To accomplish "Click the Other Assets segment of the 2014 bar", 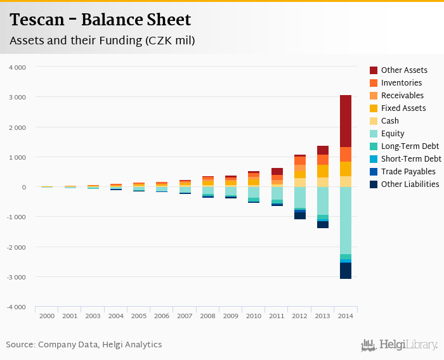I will coord(345,121).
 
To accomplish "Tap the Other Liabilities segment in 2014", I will coord(345,271).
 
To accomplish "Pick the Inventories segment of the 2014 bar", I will coord(345,154).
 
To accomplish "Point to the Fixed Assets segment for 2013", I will coord(323,170).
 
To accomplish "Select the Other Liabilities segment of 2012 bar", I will coord(300,215).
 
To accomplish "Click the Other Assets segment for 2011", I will coord(277,171).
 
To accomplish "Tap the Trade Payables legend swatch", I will coord(374,171).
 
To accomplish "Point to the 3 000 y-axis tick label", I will coord(17,97).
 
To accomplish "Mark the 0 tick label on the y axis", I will coord(23,187).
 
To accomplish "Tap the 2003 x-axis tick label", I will coord(93,316).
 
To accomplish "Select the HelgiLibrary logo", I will coord(400,345).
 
